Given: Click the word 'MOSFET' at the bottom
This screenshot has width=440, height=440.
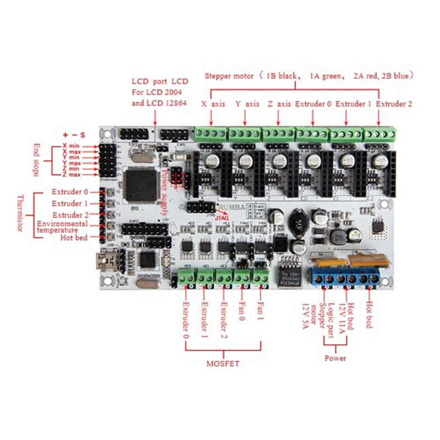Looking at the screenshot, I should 223,364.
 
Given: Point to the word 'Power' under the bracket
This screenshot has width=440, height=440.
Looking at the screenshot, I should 335,358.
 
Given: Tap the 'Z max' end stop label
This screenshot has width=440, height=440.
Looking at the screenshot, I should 71,174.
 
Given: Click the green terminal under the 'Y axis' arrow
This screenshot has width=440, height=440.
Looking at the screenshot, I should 245,134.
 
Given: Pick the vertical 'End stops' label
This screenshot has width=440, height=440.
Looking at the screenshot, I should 37,160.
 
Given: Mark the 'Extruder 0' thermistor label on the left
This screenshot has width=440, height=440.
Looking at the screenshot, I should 70,192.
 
